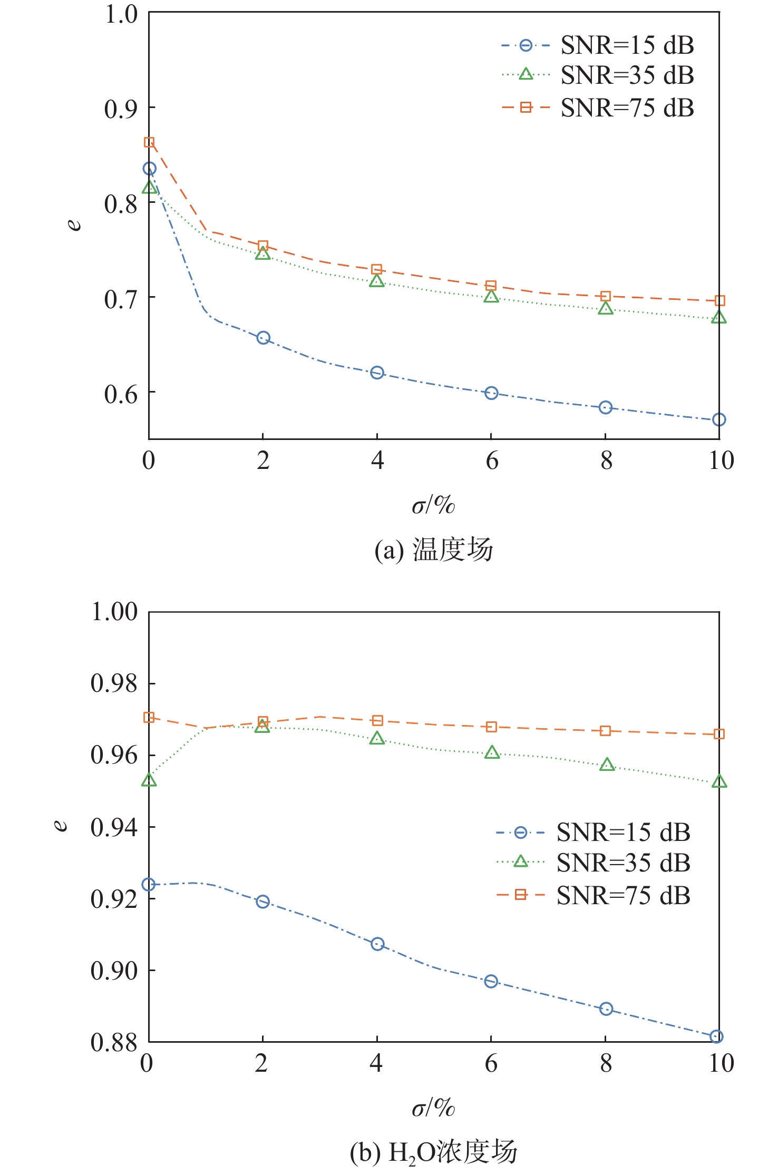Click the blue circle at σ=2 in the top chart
[x=263, y=338]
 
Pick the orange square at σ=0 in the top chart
[x=149, y=142]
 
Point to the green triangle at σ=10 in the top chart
[x=719, y=317]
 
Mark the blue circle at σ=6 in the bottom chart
[x=491, y=981]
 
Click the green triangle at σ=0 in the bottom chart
[x=149, y=780]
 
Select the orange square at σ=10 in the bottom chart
[x=719, y=734]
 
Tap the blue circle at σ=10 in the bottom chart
[x=716, y=1036]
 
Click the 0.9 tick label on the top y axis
[x=121, y=110]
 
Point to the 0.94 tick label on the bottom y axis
[x=114, y=827]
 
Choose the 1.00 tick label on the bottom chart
[x=114, y=612]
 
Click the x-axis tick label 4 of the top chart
[x=377, y=461]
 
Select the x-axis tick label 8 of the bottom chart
[x=606, y=1063]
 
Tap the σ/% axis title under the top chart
[x=433, y=505]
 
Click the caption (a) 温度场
[x=433, y=550]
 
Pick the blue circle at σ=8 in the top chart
[x=606, y=407]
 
